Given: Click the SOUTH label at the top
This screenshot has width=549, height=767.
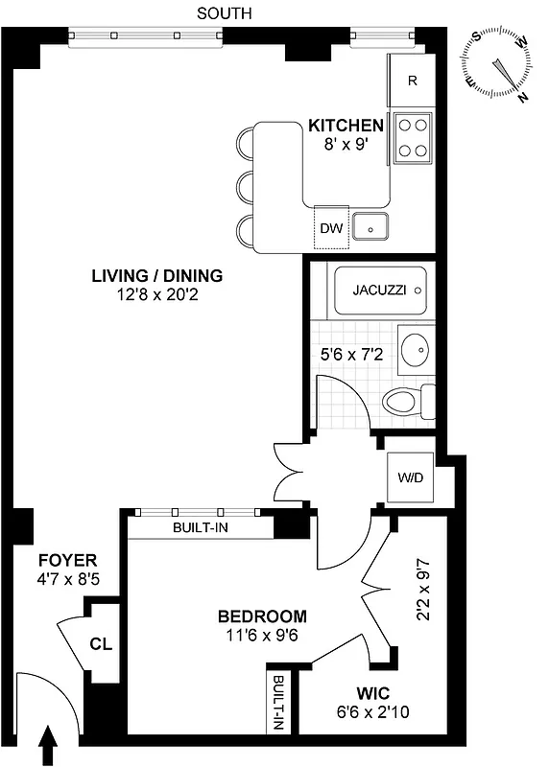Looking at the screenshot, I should [x=224, y=12].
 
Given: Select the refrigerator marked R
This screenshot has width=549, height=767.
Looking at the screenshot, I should [x=412, y=81].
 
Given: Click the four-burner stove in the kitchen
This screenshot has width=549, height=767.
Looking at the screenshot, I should [x=414, y=136].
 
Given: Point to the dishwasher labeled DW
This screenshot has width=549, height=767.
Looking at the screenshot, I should [x=331, y=227].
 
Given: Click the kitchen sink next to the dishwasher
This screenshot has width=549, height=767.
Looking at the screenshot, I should [x=370, y=227].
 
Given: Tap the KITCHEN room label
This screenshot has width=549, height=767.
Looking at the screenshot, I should [x=346, y=126].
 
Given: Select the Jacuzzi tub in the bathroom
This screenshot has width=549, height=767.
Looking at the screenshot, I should [x=380, y=290].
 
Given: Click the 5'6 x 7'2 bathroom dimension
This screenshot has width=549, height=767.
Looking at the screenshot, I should [x=351, y=354].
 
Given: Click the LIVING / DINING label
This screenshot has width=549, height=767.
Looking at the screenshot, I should [x=156, y=276].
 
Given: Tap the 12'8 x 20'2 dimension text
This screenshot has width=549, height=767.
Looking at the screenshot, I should [x=156, y=294].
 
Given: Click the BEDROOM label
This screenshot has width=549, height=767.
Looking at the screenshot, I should [x=262, y=616].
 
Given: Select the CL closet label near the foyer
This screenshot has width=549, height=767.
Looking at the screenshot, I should [x=100, y=644].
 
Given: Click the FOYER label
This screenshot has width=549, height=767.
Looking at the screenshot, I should [x=67, y=560].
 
